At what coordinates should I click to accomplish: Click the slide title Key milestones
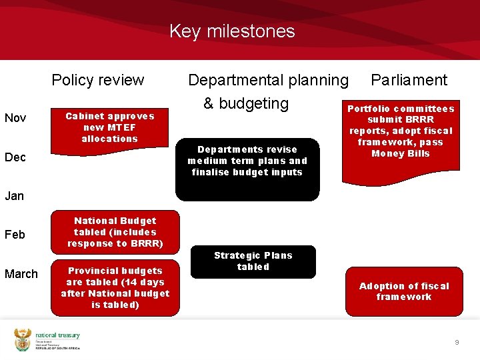click(x=231, y=31)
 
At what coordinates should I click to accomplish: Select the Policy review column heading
click(x=97, y=80)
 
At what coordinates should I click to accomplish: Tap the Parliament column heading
click(x=409, y=80)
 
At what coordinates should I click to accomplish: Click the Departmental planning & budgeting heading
click(x=267, y=91)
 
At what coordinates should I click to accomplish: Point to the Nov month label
click(x=15, y=118)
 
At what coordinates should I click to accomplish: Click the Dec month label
click(x=15, y=157)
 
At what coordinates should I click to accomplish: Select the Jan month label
click(x=14, y=196)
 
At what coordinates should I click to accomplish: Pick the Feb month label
click(x=15, y=235)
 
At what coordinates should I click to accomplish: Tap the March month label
click(x=21, y=274)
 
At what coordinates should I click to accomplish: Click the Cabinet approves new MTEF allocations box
click(x=109, y=127)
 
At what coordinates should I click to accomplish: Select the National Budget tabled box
click(x=115, y=232)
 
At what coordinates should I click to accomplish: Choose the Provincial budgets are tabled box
click(x=115, y=287)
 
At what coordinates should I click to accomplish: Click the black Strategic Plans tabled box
click(x=253, y=261)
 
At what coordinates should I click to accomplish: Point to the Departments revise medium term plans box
click(x=247, y=161)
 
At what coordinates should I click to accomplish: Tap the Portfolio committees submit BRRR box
click(x=401, y=131)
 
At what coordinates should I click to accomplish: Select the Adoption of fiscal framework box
click(x=404, y=291)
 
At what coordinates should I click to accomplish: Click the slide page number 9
click(x=457, y=342)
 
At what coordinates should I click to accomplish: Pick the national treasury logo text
click(x=57, y=335)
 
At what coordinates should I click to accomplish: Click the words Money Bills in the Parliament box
click(x=401, y=154)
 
